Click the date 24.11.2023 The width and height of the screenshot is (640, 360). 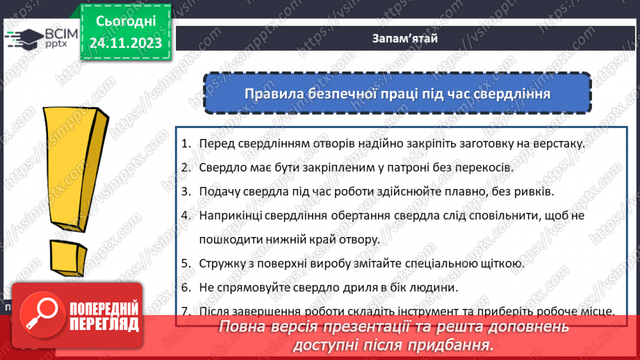[125, 43]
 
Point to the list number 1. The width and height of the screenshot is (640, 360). [186, 143]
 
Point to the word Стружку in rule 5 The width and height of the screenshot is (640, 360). [220, 263]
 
